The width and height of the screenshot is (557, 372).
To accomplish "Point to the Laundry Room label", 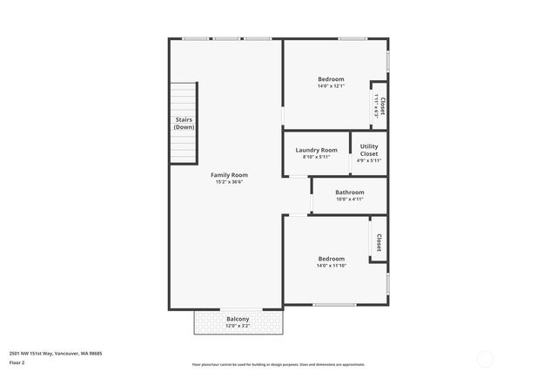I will click(316, 150).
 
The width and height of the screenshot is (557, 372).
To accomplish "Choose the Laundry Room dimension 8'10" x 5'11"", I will click(316, 157).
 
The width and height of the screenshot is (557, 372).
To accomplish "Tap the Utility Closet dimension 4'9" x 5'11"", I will click(369, 160).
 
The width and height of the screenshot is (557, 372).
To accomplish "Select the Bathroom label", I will click(350, 192).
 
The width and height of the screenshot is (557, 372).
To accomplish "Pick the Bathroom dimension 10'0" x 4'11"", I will click(350, 199).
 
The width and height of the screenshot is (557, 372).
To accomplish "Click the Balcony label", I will click(238, 319).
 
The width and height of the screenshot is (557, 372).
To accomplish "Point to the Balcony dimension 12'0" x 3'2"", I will click(238, 326).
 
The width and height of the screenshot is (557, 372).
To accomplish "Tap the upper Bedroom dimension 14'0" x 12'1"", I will click(331, 86).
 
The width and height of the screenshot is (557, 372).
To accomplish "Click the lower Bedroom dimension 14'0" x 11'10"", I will click(331, 266).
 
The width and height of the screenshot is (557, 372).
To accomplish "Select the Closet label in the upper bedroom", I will click(382, 105).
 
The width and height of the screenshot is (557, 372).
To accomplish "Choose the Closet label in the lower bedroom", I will click(379, 240).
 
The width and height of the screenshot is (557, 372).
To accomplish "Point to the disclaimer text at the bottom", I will click(278, 364).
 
